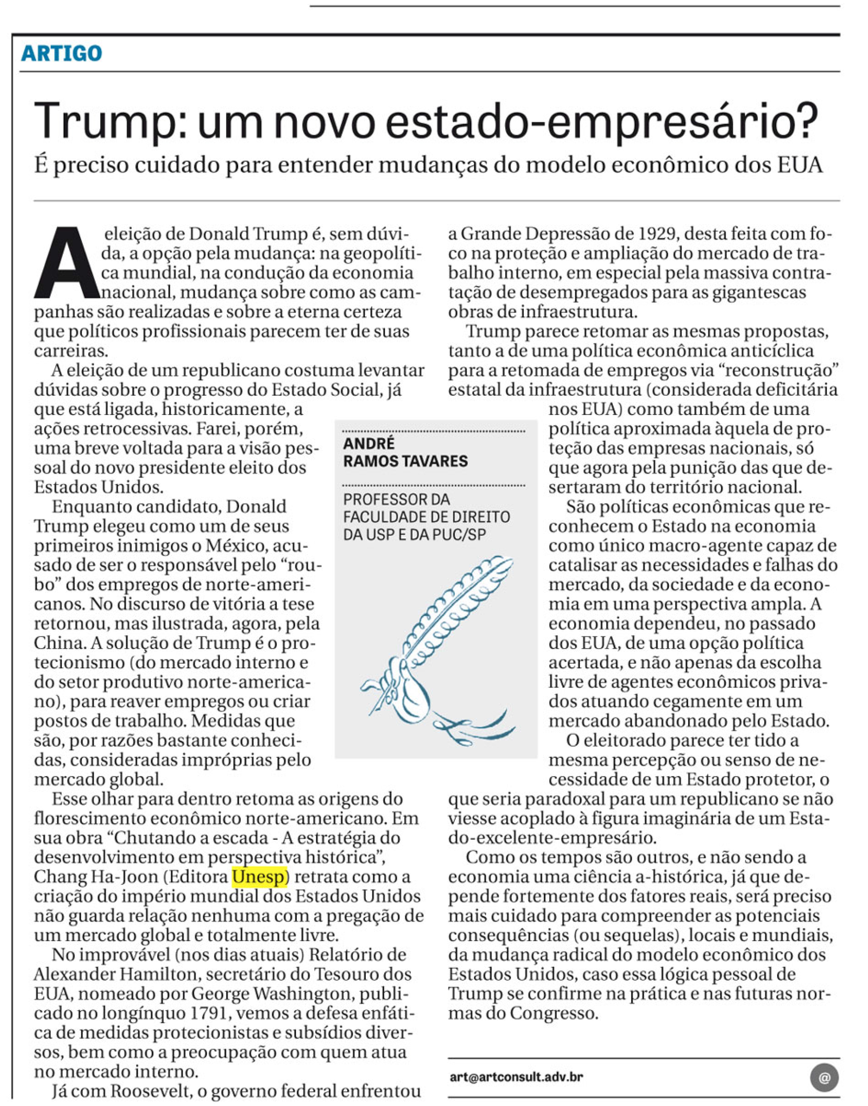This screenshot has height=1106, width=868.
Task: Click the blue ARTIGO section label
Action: pyautogui.click(x=61, y=53)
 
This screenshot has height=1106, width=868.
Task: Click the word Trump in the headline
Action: pyautogui.click(x=102, y=122)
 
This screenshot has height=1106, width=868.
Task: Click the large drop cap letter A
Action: pyautogui.click(x=67, y=263)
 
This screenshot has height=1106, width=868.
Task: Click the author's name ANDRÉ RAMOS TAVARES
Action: pyautogui.click(x=406, y=452)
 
